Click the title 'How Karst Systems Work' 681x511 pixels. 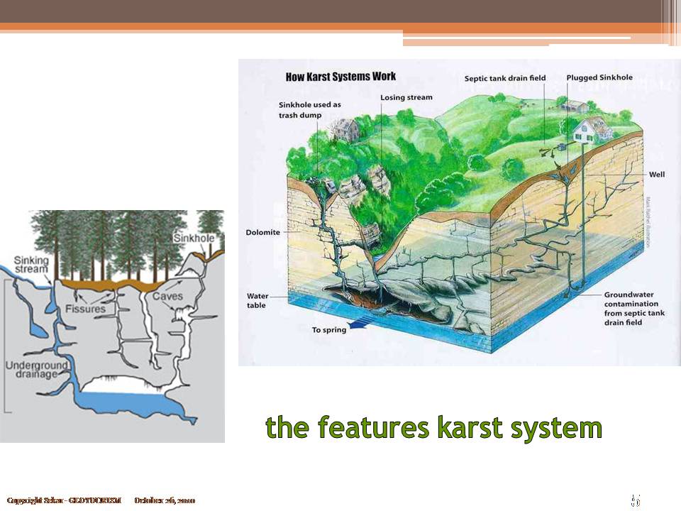pyautogui.click(x=340, y=77)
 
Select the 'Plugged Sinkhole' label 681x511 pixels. pyautogui.click(x=599, y=77)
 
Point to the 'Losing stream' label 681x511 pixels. pyautogui.click(x=406, y=97)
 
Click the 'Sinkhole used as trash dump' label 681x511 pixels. pyautogui.click(x=309, y=110)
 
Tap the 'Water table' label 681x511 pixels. pyautogui.click(x=257, y=301)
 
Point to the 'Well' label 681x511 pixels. pyautogui.click(x=657, y=175)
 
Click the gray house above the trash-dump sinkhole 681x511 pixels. pyautogui.click(x=345, y=128)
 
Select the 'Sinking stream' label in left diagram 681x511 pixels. pyautogui.click(x=32, y=265)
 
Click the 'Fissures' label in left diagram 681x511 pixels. pyautogui.click(x=84, y=309)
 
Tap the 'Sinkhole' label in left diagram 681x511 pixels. pyautogui.click(x=193, y=238)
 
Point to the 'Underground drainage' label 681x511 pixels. pyautogui.click(x=36, y=370)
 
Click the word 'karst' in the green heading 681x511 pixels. pyautogui.click(x=474, y=428)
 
